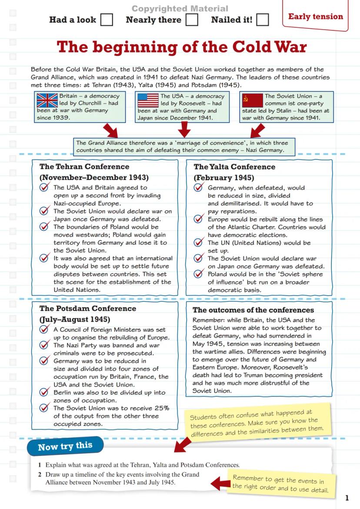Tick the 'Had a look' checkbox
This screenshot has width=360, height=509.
[x=107, y=20]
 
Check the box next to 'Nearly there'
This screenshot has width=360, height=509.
[x=192, y=20]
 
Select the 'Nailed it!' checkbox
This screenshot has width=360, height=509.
[x=262, y=20]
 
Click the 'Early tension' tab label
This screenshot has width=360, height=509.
[x=315, y=17]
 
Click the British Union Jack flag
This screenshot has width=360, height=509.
[x=47, y=100]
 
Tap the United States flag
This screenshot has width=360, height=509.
[x=148, y=100]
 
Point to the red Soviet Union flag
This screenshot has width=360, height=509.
[x=253, y=100]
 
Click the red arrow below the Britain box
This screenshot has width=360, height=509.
[x=110, y=130]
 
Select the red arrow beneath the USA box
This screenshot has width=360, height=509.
[x=184, y=129]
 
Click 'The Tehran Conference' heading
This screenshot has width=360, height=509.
[x=84, y=167]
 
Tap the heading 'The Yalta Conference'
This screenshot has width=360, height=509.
[x=234, y=167]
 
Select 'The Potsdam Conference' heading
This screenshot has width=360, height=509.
[x=87, y=309]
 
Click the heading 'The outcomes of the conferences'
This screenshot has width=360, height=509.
[x=253, y=310]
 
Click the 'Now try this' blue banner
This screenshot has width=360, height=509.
[x=65, y=446]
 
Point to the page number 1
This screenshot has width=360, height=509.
[x=347, y=498]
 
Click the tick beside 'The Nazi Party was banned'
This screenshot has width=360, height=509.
[x=44, y=345]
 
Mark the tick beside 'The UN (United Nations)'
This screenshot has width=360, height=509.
[x=199, y=243]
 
